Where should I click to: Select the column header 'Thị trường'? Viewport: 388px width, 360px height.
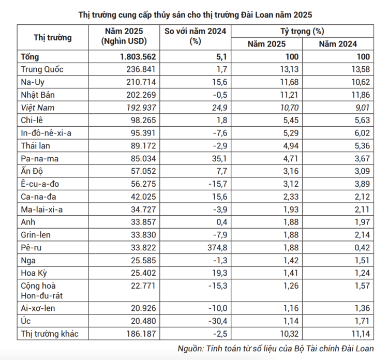[52, 37]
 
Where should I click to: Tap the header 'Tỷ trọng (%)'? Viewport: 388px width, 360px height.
[302, 31]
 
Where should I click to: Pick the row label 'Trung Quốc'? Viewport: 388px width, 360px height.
[42, 69]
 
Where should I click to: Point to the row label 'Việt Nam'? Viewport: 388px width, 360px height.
[38, 108]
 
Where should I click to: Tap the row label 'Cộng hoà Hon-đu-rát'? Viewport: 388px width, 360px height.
[44, 290]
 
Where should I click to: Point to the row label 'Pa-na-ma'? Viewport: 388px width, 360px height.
[39, 159]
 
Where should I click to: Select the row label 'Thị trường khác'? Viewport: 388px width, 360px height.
[49, 334]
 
